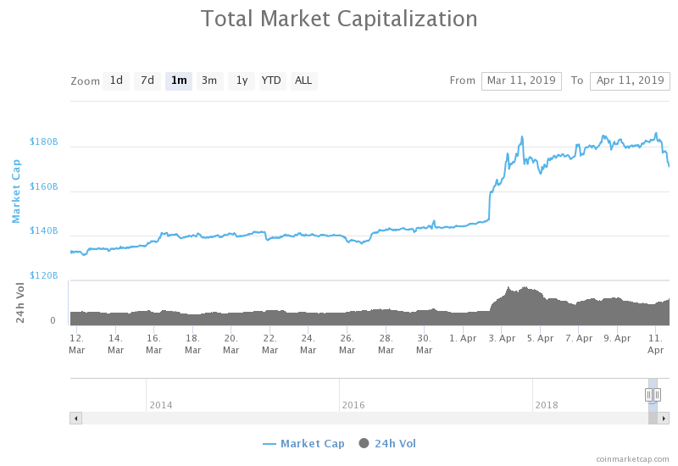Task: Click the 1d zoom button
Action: coord(116,81)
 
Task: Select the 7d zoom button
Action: coord(147,81)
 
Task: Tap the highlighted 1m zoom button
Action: coord(179,81)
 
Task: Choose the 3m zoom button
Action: coord(209,81)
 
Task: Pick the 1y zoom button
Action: coord(241,81)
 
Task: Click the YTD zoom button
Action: coord(271,81)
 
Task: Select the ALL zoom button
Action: coord(303,81)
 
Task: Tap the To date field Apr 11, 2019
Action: coord(630,80)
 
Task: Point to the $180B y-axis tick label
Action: coord(43,141)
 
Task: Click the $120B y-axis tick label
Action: coord(43,275)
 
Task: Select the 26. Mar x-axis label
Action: coord(347,343)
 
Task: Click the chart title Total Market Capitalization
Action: coord(339,19)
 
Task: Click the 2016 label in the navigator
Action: coord(353,405)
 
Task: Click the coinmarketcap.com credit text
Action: coord(632,458)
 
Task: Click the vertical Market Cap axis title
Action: coord(15,191)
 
